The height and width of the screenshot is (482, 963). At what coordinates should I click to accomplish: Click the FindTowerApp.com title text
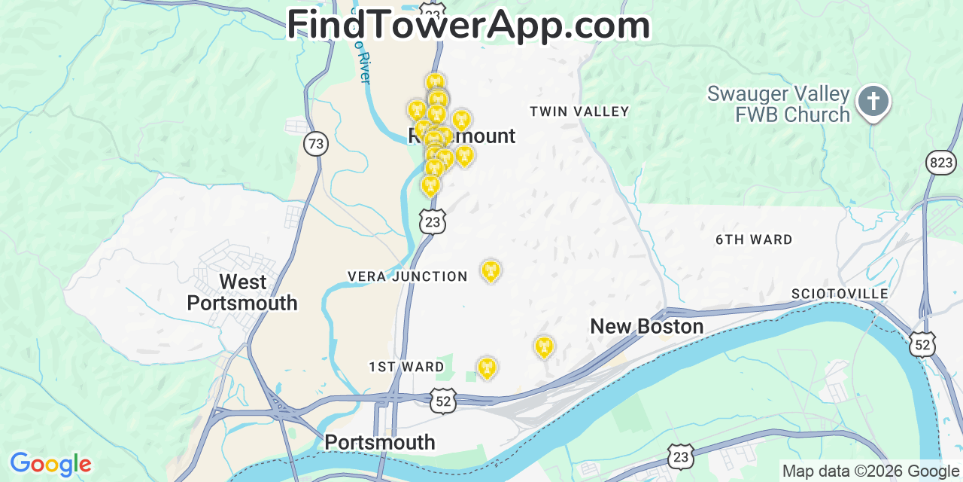(x=468, y=25)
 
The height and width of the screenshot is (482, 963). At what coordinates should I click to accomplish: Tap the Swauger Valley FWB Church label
(x=778, y=105)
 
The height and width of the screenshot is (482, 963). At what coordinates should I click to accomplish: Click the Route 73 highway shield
(x=316, y=144)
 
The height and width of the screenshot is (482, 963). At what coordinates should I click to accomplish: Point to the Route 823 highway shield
(x=940, y=162)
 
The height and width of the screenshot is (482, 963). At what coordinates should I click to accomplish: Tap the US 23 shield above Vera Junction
(x=432, y=221)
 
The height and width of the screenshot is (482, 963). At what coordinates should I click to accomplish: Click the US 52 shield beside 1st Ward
(x=443, y=401)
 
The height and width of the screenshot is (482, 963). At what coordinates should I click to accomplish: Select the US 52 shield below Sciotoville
(x=923, y=343)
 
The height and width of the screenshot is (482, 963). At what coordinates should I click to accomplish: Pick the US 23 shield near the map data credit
(x=681, y=456)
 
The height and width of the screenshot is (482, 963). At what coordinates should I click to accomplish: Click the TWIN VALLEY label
(x=579, y=111)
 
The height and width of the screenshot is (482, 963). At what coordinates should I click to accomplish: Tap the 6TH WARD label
(x=753, y=239)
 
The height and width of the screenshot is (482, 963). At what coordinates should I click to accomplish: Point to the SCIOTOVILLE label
(x=840, y=293)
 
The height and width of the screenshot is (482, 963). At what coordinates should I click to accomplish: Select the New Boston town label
(x=646, y=326)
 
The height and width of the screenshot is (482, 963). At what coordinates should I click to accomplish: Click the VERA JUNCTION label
(x=408, y=276)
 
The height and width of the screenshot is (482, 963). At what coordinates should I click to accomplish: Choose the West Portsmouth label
(x=242, y=292)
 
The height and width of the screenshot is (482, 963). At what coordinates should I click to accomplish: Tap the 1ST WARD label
(x=406, y=367)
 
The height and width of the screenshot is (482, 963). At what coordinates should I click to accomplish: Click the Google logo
(x=50, y=464)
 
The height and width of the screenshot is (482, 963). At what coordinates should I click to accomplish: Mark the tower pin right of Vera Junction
(x=491, y=270)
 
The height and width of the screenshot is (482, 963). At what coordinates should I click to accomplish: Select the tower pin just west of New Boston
(x=543, y=346)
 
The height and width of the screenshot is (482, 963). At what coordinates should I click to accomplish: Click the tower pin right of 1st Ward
(x=487, y=368)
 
